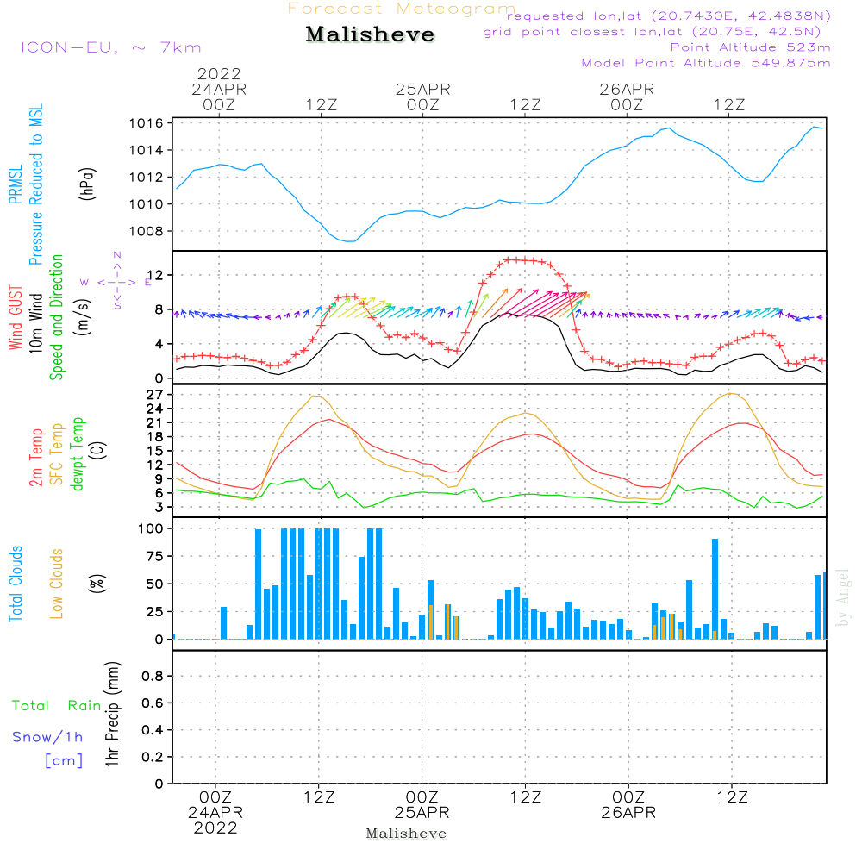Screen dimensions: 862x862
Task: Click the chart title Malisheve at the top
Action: click(370, 35)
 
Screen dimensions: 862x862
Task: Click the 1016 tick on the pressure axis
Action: click(147, 123)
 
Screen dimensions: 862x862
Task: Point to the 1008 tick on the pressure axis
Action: click(147, 231)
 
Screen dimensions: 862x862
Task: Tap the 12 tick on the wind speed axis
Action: click(155, 275)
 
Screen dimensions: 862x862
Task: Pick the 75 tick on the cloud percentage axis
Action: click(155, 556)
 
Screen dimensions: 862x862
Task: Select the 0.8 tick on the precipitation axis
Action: click(153, 677)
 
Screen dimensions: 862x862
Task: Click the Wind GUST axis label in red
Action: click(16, 318)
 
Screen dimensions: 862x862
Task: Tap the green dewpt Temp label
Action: click(78, 454)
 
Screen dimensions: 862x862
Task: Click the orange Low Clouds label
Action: click(58, 583)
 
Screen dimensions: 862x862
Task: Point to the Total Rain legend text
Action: click(56, 706)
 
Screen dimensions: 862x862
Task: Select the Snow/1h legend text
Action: click(47, 738)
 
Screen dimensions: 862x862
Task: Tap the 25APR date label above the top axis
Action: click(423, 89)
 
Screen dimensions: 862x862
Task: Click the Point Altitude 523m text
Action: click(750, 47)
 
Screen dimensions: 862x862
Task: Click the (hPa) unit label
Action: click(89, 183)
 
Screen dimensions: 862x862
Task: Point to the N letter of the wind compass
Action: click(116, 255)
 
